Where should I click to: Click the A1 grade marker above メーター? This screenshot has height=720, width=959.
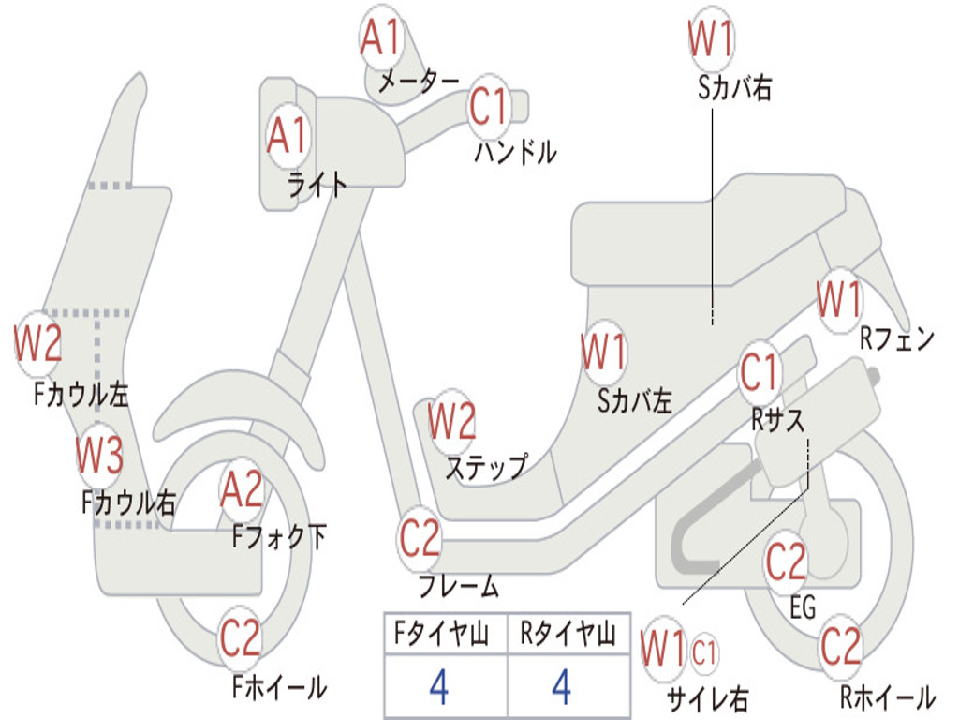point(381,38)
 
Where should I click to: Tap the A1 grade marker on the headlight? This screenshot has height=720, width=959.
point(288,137)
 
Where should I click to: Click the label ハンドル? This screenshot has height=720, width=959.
point(515,151)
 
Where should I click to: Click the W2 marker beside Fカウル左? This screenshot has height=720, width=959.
point(38,343)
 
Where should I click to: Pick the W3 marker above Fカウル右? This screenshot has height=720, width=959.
point(99,456)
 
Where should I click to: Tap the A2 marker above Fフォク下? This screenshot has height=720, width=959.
point(242,489)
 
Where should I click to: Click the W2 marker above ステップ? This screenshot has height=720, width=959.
point(451,422)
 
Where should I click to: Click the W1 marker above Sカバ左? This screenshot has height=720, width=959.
point(602,352)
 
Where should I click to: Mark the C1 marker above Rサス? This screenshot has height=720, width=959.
point(760,373)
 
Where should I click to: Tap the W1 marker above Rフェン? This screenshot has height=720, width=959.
point(838,300)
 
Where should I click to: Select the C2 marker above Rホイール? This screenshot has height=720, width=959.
point(840,647)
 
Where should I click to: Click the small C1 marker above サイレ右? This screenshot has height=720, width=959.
point(705,651)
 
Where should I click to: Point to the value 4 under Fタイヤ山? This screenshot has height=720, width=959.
point(439,687)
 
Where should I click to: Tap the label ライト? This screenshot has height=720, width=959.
point(317,185)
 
